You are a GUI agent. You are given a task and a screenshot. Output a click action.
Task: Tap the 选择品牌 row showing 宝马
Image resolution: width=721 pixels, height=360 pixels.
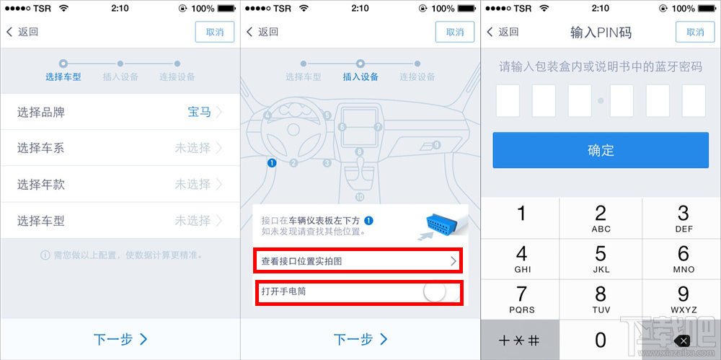pos(120,112)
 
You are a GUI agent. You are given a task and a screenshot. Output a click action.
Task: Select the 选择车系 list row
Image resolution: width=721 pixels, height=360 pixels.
pos(120,148)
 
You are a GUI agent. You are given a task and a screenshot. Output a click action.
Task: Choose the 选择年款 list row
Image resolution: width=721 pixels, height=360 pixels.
pos(120,184)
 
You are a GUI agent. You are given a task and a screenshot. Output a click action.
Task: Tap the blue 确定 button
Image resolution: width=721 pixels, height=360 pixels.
pos(601,150)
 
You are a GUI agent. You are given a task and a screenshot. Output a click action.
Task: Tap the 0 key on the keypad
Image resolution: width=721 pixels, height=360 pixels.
pos(601,339)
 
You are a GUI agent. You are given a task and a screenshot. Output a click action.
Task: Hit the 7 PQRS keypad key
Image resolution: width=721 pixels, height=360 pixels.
pos(521,299)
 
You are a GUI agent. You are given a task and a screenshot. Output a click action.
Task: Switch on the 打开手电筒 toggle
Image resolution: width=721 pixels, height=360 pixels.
pos(434,291)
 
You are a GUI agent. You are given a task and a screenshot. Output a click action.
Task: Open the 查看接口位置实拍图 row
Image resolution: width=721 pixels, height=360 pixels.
pos(358,260)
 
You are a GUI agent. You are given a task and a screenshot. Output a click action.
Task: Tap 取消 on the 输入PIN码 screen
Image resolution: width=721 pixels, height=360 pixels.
pos(695,32)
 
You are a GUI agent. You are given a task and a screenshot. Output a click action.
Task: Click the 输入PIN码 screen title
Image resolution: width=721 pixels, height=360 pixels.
pos(601,32)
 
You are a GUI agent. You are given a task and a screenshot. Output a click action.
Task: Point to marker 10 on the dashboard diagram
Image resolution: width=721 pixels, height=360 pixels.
pos(360,197)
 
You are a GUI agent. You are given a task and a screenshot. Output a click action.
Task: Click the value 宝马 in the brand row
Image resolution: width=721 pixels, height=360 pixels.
pos(199,112)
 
